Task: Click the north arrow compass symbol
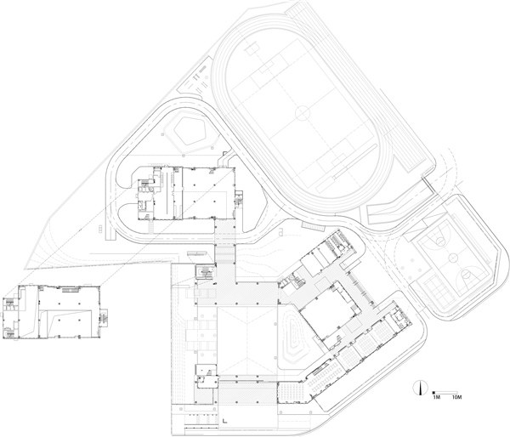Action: [x=419, y=388]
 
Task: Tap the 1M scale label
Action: [x=436, y=397]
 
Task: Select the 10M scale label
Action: [x=457, y=397]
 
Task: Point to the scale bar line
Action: [x=445, y=393]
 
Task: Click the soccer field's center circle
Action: [x=303, y=113]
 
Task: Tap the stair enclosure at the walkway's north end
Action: [x=205, y=272]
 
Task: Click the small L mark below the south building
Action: [x=224, y=421]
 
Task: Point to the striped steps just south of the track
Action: [x=313, y=225]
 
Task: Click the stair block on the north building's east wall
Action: [x=239, y=197]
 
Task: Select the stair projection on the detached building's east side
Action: [x=105, y=317]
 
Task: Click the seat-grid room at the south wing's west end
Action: [x=292, y=392]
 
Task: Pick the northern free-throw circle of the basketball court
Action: [x=440, y=241]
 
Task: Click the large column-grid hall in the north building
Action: [x=208, y=193]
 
